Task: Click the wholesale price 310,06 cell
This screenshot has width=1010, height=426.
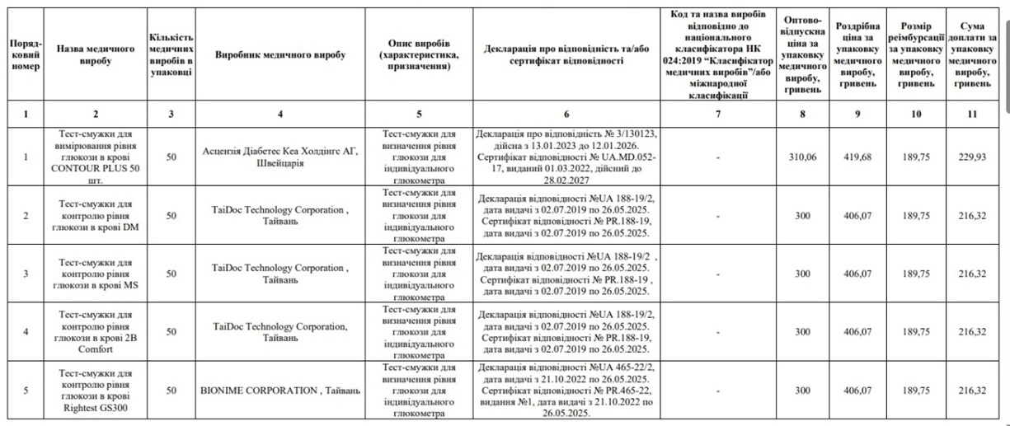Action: pyautogui.click(x=801, y=157)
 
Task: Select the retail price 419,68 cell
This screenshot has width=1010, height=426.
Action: pyautogui.click(x=857, y=157)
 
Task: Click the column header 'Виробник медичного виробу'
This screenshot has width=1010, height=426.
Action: pyautogui.click(x=280, y=54)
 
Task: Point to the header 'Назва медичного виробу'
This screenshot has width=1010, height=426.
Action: pyautogui.click(x=96, y=54)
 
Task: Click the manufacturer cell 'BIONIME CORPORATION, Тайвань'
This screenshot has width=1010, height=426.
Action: pyautogui.click(x=280, y=391)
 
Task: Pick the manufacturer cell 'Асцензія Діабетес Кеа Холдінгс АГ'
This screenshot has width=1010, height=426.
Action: pyautogui.click(x=280, y=157)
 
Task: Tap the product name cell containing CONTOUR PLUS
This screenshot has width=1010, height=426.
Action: pyautogui.click(x=96, y=157)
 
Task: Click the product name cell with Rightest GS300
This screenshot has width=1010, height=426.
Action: pyautogui.click(x=96, y=391)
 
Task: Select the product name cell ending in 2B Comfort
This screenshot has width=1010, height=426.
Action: pyautogui.click(x=96, y=331)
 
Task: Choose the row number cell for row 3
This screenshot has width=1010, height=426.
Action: pyautogui.click(x=26, y=274)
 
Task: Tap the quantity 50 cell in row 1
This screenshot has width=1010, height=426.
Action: pyautogui.click(x=171, y=157)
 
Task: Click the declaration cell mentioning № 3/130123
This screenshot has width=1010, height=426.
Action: pyautogui.click(x=566, y=157)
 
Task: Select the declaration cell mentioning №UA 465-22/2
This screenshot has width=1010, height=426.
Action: pyautogui.click(x=566, y=391)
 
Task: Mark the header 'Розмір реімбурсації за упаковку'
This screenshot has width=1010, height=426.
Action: pyautogui.click(x=915, y=54)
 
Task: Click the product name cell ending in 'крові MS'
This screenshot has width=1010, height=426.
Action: pyautogui.click(x=96, y=274)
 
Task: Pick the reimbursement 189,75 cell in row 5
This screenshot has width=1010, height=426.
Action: pyautogui.click(x=915, y=391)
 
